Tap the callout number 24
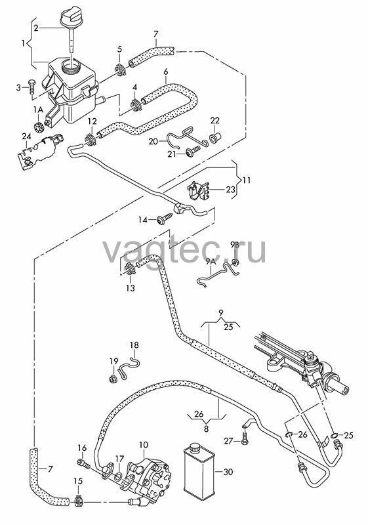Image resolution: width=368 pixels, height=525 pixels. [x=26, y=136]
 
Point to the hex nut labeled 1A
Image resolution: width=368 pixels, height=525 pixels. [x=39, y=127]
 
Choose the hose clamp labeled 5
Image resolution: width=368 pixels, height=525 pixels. [x=120, y=69]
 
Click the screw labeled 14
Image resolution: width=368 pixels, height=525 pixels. [x=163, y=220]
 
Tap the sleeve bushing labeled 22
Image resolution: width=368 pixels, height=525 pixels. [x=214, y=138]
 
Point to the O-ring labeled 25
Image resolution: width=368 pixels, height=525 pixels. [x=333, y=435]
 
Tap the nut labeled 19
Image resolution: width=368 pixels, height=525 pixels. [x=113, y=379]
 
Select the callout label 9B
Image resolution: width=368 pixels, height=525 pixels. [x=235, y=244]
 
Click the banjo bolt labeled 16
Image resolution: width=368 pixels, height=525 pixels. [x=85, y=463]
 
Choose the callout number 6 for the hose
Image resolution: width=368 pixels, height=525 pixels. [x=166, y=72]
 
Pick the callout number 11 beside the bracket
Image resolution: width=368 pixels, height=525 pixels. [x=247, y=180]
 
